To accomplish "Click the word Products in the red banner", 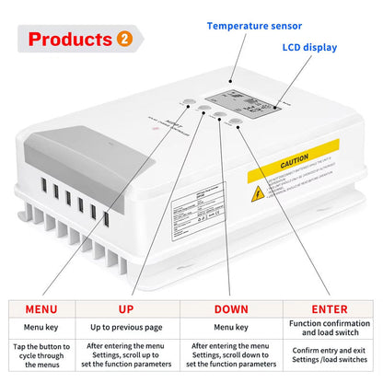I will [70, 40].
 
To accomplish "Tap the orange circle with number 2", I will [124, 40].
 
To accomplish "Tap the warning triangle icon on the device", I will [259, 193].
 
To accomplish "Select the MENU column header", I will [45, 309].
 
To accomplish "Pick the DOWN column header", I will [230, 309].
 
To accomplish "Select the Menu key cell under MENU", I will [45, 327].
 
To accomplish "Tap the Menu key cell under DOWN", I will [230, 327].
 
